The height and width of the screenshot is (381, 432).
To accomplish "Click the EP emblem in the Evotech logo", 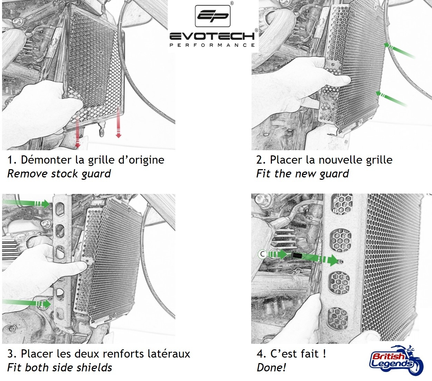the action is click(213, 16).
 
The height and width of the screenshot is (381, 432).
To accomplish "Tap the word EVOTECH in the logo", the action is click(212, 36).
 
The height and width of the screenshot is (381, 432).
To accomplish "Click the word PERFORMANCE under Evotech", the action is click(212, 45).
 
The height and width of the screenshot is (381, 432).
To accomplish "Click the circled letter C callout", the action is click(262, 254).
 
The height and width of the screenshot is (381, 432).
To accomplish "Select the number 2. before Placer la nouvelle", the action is click(261, 160).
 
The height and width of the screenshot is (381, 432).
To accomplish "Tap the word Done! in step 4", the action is click(271, 368).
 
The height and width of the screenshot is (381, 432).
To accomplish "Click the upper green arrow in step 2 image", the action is click(400, 51).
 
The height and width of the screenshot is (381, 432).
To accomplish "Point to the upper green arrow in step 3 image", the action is click(26, 203).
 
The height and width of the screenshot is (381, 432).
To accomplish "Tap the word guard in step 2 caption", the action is click(334, 174).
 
